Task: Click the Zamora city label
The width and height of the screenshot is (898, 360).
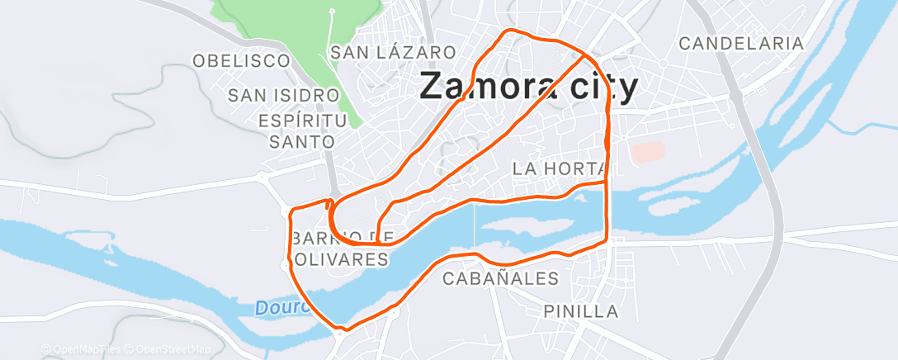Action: click(529, 86)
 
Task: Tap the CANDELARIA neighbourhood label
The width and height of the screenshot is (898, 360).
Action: click(740, 43)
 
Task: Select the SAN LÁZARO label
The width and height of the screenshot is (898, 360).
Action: click(393, 52)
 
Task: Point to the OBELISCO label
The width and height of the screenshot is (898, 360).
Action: click(241, 60)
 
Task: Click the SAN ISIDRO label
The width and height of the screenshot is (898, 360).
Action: click(284, 96)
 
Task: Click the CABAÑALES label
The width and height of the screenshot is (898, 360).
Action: click(501, 278)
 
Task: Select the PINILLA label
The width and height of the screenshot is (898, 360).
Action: click(581, 311)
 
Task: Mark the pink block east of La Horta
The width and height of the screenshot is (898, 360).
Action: click(647, 152)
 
